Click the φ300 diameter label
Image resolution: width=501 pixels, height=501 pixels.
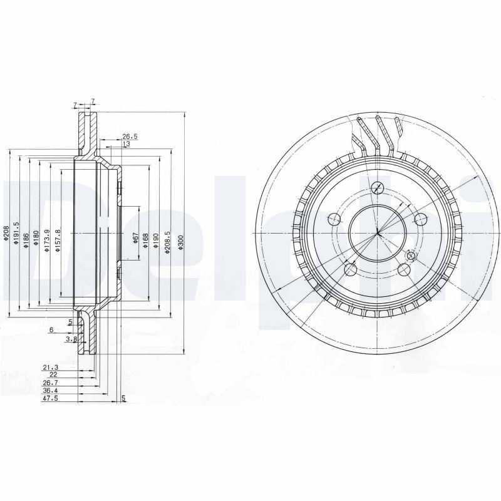[181, 243]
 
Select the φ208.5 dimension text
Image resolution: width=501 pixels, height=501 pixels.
[167, 242]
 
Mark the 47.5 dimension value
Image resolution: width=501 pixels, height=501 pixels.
[49, 398]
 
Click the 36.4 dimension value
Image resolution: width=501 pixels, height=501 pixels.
[49, 390]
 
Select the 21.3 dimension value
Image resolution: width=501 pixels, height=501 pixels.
[49, 367]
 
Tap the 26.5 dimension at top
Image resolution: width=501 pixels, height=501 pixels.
[129, 136]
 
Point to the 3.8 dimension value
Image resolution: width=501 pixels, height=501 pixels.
[71, 339]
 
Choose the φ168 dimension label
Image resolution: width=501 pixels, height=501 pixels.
[145, 241]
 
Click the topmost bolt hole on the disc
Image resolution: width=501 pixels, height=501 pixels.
[378, 187]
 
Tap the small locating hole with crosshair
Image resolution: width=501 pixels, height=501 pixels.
[411, 256]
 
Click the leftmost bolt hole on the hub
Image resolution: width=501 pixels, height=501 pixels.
[334, 219]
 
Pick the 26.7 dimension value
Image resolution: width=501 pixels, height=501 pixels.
[49, 382]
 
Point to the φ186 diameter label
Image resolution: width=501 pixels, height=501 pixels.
[27, 240]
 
